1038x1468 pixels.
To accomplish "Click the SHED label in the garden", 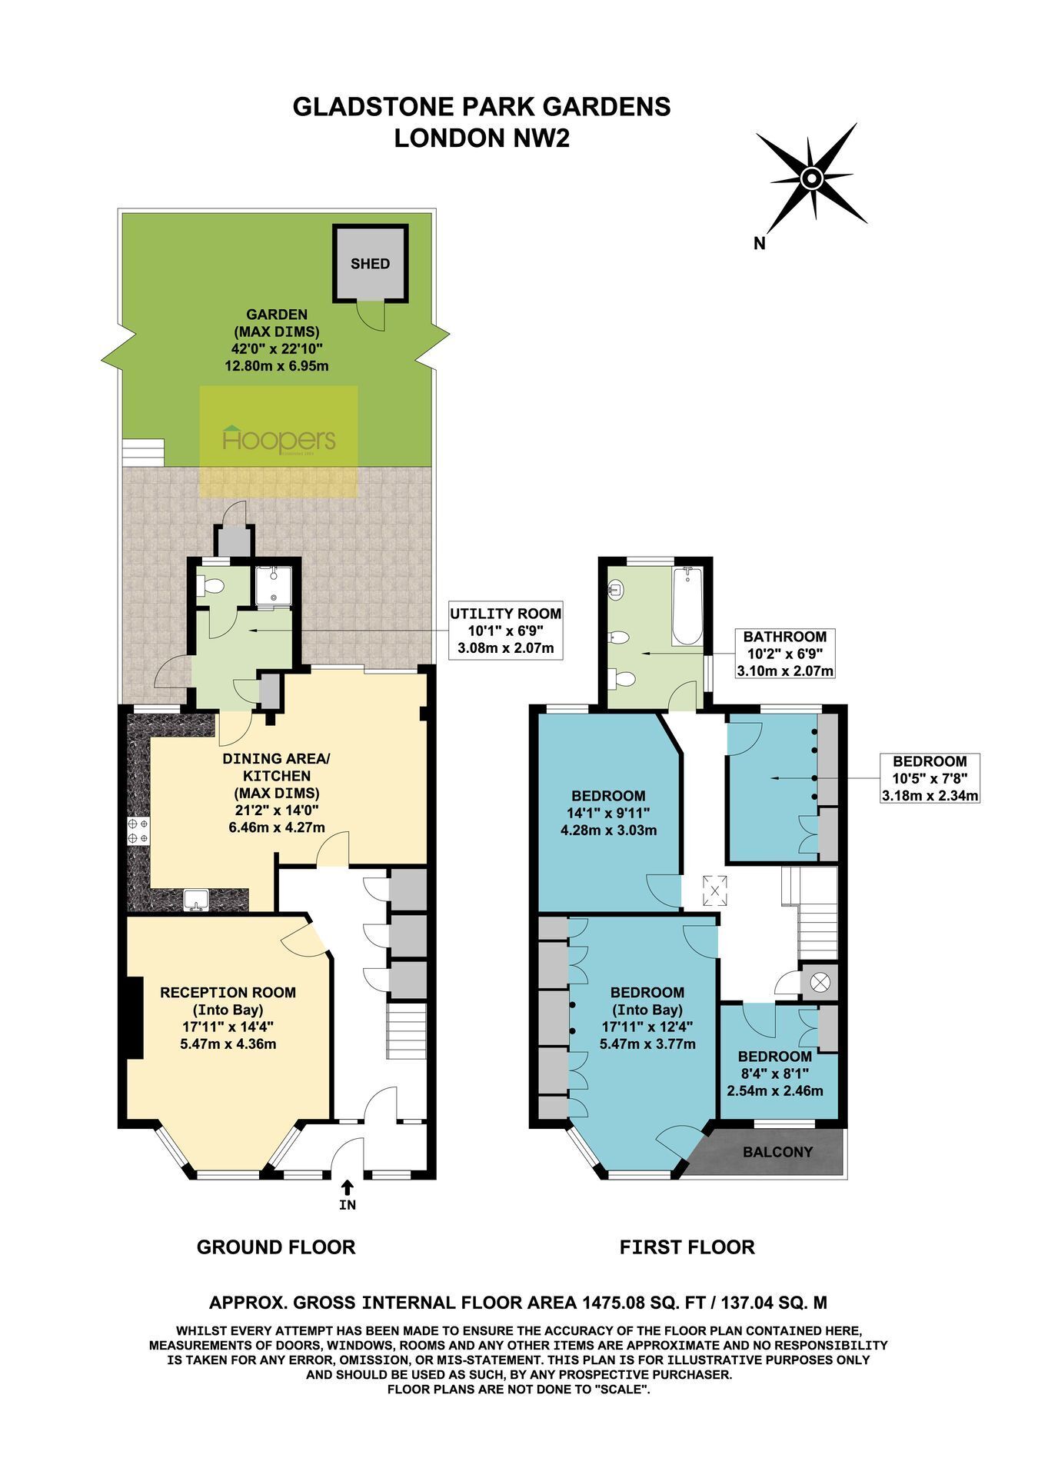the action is (370, 264).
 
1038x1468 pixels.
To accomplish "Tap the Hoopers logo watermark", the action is (279, 440).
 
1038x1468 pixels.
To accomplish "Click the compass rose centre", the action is (811, 179).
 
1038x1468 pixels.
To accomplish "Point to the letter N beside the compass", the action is (760, 244).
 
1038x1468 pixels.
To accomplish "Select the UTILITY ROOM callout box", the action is (505, 631).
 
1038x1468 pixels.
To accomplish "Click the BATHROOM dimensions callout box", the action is (785, 654).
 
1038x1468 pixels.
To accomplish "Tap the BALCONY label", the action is (777, 1152).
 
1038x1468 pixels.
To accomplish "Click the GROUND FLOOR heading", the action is (276, 1247).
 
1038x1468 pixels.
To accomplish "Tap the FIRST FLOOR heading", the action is (687, 1247).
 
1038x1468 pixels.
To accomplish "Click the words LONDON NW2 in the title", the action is (482, 138).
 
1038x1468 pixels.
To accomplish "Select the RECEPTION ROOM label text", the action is (228, 993).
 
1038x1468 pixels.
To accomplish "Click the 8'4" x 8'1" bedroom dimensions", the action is (774, 1074).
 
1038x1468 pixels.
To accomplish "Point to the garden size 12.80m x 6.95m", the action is (277, 366).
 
